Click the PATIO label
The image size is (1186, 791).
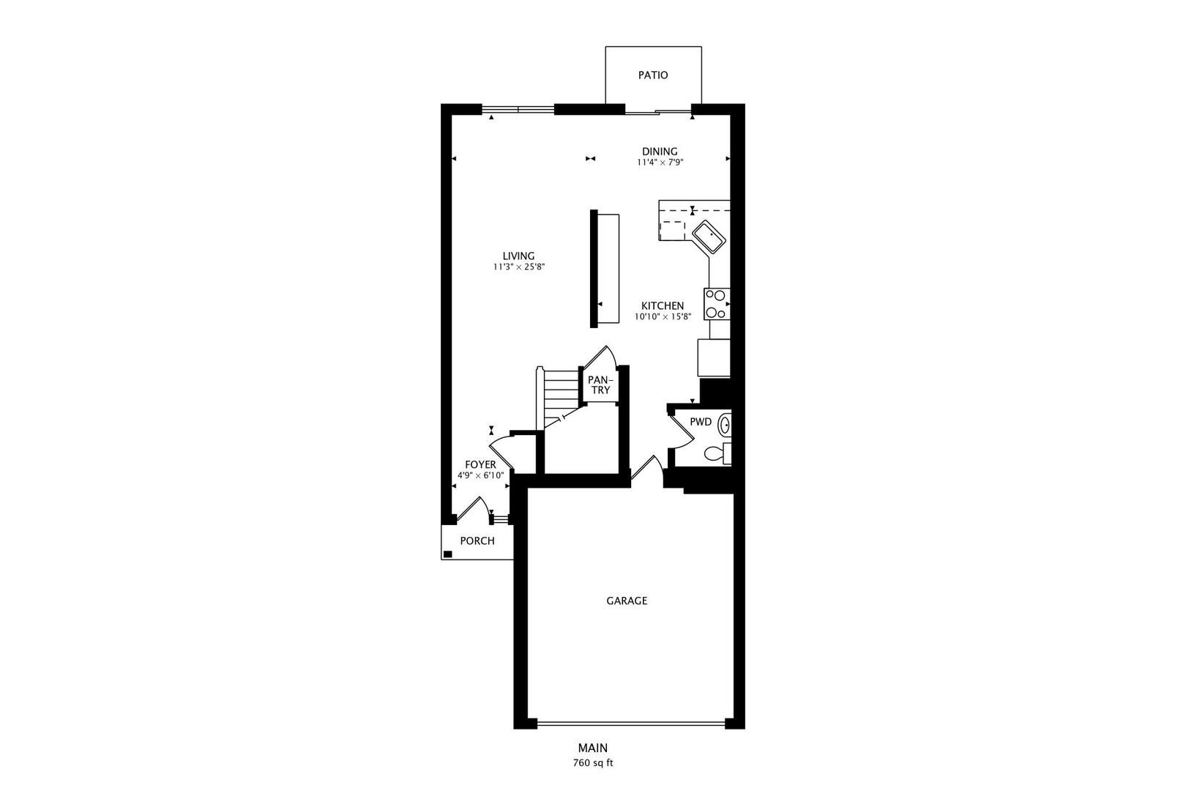[653, 75]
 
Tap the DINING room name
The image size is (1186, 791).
[660, 152]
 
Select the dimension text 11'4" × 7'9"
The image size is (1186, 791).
[660, 163]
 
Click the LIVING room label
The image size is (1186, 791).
[518, 256]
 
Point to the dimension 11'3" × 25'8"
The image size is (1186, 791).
[519, 267]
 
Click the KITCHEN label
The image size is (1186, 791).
[663, 306]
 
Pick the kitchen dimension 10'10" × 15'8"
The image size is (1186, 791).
[663, 317]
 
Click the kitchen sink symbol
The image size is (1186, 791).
[709, 237]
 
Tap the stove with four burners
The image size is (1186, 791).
[716, 304]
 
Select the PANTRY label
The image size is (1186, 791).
[600, 385]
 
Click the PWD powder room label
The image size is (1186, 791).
[701, 422]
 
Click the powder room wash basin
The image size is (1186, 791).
[725, 424]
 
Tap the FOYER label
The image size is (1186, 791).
[480, 464]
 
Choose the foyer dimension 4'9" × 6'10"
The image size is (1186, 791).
[480, 475]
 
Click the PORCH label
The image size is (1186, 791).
[477, 541]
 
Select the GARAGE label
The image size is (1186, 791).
[627, 601]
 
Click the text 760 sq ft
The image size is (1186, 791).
[593, 763]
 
